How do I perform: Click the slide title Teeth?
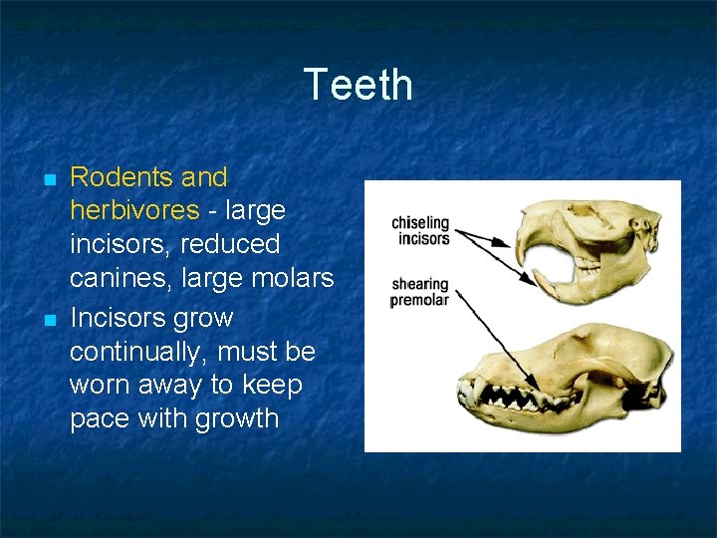pyautogui.click(x=358, y=85)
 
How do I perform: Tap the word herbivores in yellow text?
pyautogui.click(x=134, y=210)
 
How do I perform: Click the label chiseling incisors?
pyautogui.click(x=420, y=230)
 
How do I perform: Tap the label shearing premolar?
pyautogui.click(x=419, y=292)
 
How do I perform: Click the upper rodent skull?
pyautogui.click(x=588, y=239)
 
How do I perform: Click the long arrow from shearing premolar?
pyautogui.click(x=498, y=339)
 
